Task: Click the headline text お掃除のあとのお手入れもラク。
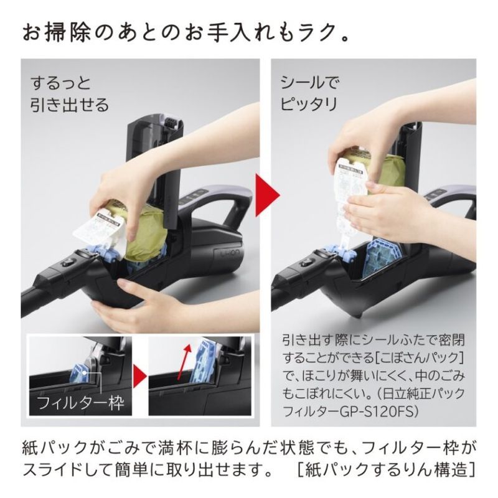tap(186, 32)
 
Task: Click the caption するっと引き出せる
tap(70, 94)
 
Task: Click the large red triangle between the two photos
tap(268, 194)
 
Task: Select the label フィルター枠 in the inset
tap(80, 403)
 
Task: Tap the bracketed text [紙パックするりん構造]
tap(386, 469)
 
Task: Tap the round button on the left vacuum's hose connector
tap(67, 263)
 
